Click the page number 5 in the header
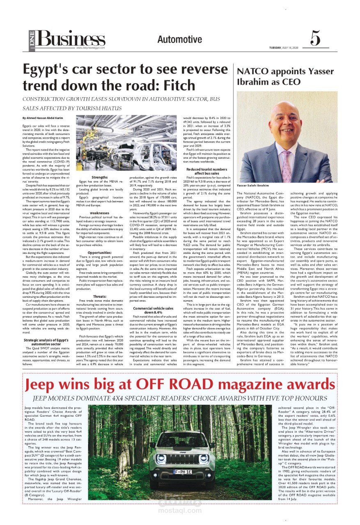click(315, 39)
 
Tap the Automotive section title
click(180, 40)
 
